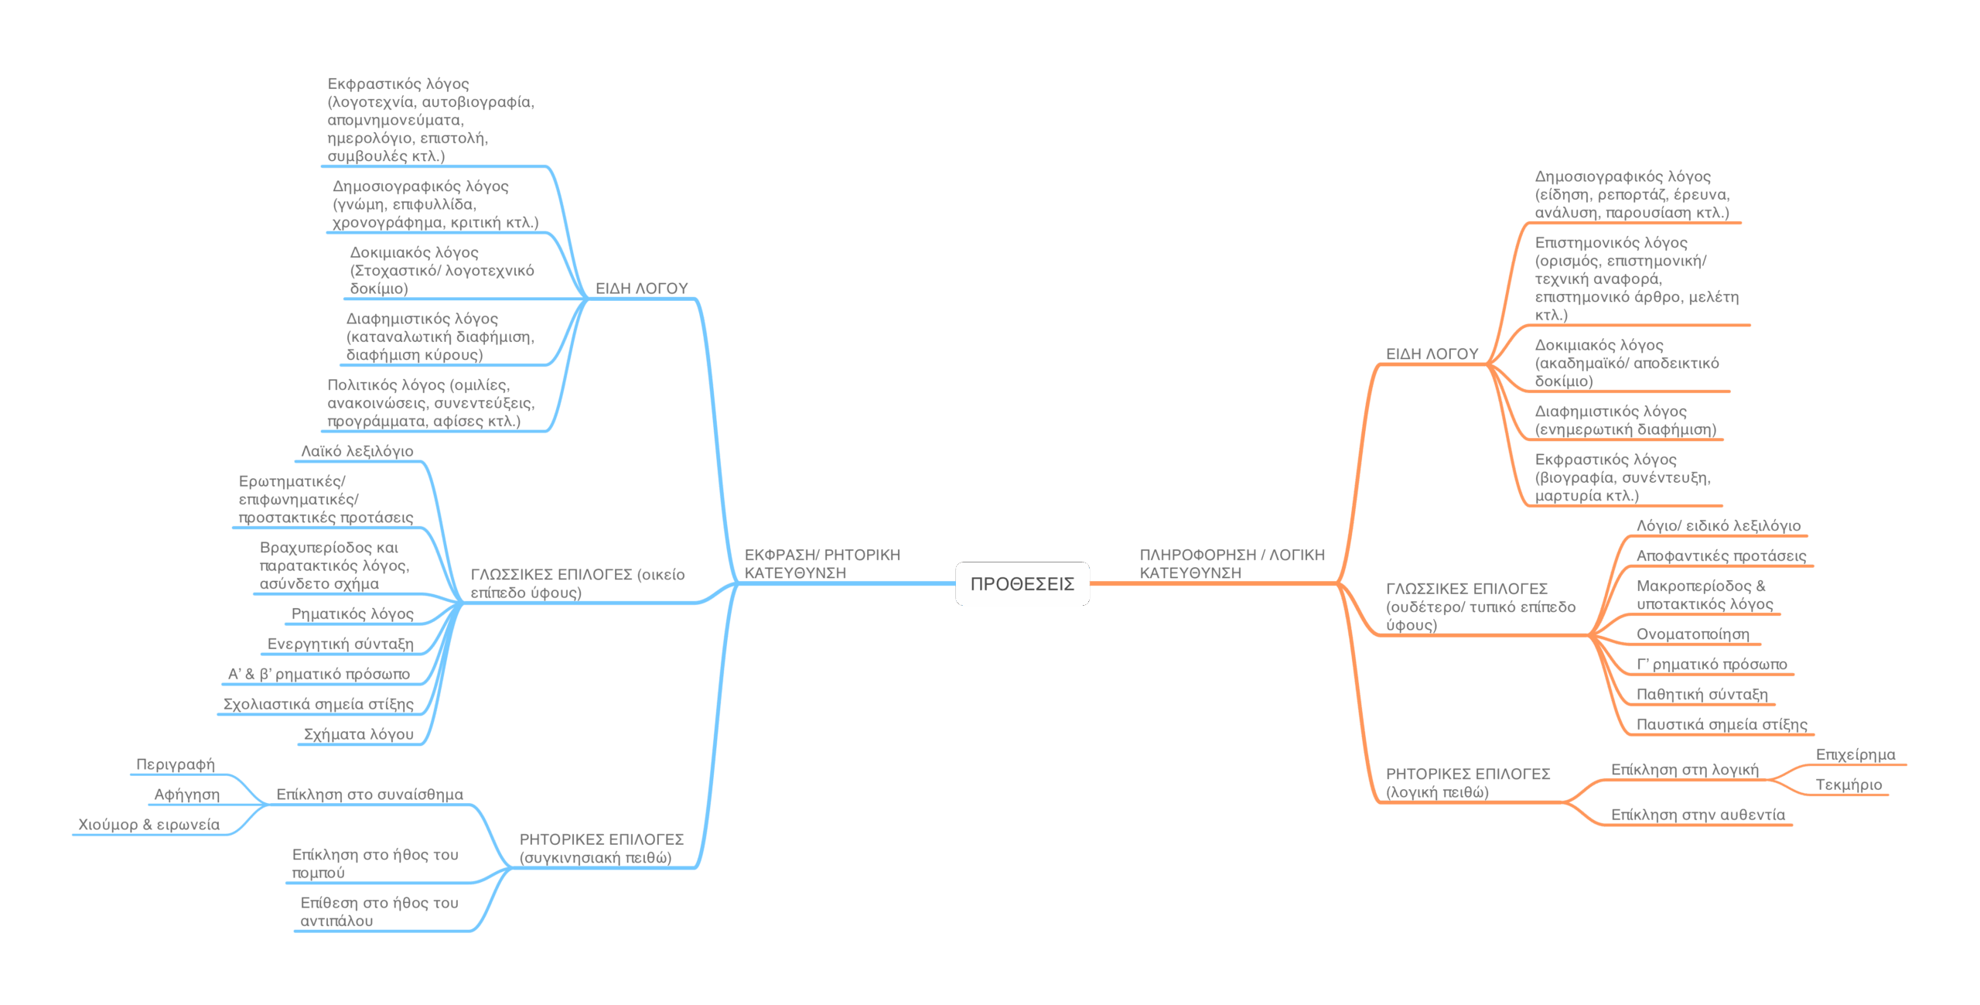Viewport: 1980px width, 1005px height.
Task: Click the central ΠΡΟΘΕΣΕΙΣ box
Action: (x=1022, y=584)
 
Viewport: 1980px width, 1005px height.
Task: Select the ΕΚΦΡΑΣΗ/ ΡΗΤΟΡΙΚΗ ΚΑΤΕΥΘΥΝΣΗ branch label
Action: (x=821, y=564)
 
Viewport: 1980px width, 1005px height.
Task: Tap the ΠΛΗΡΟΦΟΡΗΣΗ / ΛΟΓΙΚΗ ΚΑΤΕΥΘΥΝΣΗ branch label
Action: (x=1231, y=564)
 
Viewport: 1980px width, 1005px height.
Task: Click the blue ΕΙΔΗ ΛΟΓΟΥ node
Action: (x=641, y=289)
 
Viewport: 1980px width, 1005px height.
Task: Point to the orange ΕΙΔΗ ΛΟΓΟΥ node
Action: (x=1432, y=354)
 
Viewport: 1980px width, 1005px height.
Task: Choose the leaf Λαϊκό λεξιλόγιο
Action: (x=357, y=451)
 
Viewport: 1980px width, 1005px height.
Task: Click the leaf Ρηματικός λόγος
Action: (x=352, y=614)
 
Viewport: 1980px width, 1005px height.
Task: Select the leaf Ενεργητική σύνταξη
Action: (x=340, y=644)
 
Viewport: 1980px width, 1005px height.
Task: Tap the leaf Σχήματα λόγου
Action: (x=358, y=734)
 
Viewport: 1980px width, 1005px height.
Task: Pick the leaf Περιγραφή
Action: (x=176, y=764)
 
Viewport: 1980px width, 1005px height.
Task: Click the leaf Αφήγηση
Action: (x=186, y=795)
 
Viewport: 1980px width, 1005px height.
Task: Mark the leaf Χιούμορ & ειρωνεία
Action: (x=148, y=825)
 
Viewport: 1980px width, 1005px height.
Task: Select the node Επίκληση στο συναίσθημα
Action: (x=370, y=795)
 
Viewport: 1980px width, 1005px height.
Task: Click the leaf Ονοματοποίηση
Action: (x=1692, y=634)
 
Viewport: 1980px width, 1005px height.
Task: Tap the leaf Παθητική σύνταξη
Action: (x=1702, y=695)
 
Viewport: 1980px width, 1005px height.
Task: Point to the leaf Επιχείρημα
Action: (x=1855, y=754)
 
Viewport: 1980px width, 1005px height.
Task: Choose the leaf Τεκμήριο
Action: (x=1849, y=785)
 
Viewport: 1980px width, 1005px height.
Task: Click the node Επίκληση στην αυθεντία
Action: (x=1698, y=815)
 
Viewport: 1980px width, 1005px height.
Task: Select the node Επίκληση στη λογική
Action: (x=1685, y=770)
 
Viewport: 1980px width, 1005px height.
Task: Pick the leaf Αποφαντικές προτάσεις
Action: (x=1721, y=556)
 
